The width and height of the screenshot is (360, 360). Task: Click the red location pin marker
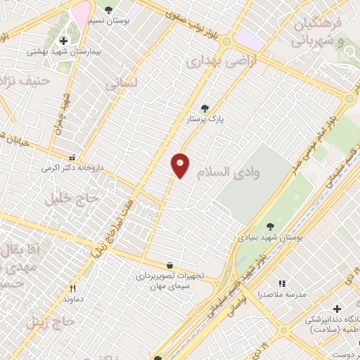[181, 166]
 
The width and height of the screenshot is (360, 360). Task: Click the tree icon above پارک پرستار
[205, 108]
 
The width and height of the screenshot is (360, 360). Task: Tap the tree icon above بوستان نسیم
[108, 10]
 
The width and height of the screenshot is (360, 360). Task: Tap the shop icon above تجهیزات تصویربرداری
[171, 264]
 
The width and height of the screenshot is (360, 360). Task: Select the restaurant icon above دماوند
[72, 288]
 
